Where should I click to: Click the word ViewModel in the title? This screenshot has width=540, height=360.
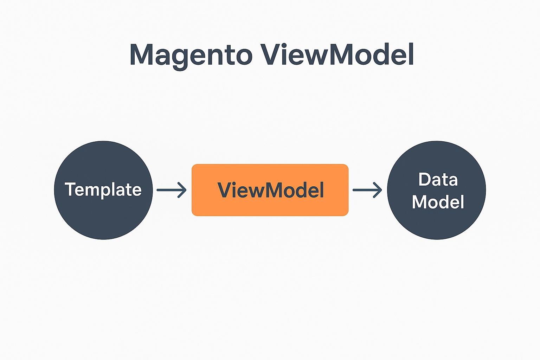[x=337, y=54]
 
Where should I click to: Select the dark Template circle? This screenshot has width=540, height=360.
[x=103, y=190]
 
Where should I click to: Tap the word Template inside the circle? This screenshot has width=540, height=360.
[x=103, y=190]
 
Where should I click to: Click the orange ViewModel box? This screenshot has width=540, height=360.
[x=270, y=190]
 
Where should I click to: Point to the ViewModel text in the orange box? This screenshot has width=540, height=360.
[x=270, y=190]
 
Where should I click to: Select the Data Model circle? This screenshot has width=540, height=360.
[x=437, y=190]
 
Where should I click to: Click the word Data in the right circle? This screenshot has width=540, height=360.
[x=438, y=179]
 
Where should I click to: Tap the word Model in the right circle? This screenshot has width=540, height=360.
[x=438, y=202]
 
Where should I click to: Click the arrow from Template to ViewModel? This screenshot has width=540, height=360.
[x=172, y=190]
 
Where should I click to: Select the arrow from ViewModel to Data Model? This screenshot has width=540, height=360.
[x=367, y=190]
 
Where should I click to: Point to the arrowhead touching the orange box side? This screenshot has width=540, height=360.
[x=182, y=190]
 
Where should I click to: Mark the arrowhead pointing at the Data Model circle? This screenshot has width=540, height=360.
[x=378, y=190]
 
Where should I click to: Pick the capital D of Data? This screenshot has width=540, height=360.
[x=425, y=179]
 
